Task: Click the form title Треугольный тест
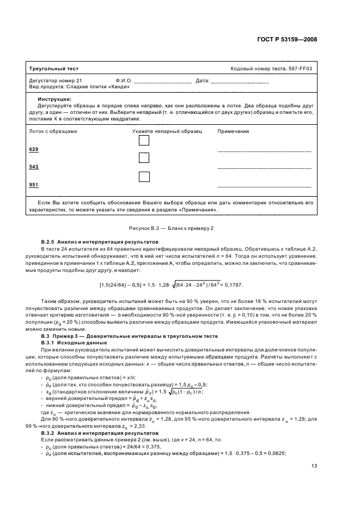click(x=54, y=69)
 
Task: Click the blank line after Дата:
click(x=240, y=81)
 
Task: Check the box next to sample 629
click(x=144, y=141)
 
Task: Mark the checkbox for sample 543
click(x=144, y=158)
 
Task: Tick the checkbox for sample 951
click(x=144, y=177)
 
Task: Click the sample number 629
click(x=34, y=149)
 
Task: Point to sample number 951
click(x=34, y=185)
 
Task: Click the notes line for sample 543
click(x=264, y=168)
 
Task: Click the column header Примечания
click(x=233, y=132)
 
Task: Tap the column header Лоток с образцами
click(x=53, y=132)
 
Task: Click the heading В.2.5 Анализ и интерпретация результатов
click(x=100, y=241)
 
